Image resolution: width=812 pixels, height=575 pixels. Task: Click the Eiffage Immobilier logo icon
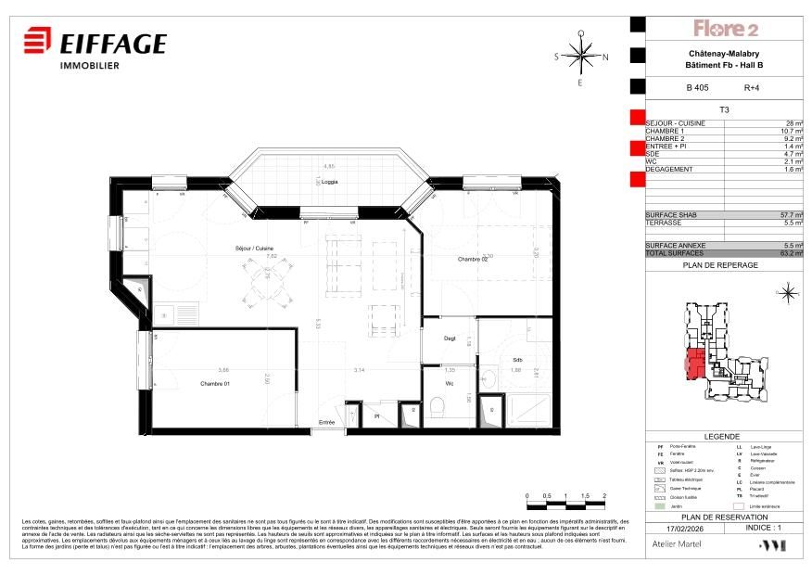coord(37,42)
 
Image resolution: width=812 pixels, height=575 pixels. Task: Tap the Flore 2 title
coord(727,29)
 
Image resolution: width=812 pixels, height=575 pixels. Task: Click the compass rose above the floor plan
coord(580,57)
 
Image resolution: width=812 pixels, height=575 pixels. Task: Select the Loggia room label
coord(329,182)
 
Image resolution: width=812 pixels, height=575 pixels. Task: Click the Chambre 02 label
coord(473,259)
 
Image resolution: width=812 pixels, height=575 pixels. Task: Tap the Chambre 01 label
coord(215,382)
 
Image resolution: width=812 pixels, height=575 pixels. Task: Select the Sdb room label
coord(517,360)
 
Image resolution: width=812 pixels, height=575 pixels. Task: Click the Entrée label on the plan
coord(326,422)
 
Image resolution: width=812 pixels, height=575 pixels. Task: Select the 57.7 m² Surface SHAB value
coord(790,214)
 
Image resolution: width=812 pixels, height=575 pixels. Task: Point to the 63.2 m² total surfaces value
coord(790,252)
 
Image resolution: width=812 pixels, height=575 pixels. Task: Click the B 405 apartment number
coord(696,88)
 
